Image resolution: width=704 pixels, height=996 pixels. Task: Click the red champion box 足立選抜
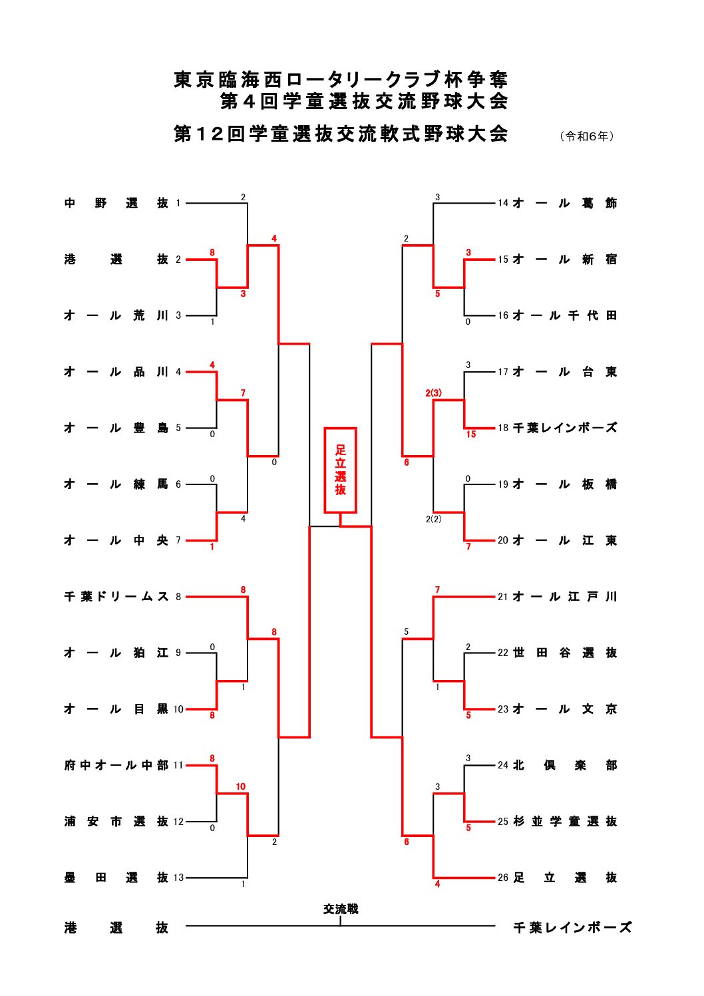tap(340, 470)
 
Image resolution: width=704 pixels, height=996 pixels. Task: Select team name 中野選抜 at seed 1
tap(116, 203)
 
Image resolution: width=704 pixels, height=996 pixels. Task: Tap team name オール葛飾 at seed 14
tap(565, 203)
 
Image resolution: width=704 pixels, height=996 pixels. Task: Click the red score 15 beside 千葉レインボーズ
tap(471, 434)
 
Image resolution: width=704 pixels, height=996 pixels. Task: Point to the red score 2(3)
tap(434, 393)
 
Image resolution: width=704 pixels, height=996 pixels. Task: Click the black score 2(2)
tap(434, 519)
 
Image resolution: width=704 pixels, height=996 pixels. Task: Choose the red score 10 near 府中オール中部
tap(240, 786)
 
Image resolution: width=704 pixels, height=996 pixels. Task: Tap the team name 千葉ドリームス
tap(116, 597)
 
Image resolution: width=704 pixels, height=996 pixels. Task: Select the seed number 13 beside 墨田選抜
tap(178, 878)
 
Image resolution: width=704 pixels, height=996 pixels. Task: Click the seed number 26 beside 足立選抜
tap(503, 878)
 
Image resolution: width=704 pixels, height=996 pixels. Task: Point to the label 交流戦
tap(340, 909)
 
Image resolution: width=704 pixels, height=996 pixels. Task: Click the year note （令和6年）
tap(588, 136)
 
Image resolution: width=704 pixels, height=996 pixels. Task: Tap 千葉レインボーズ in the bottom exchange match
tap(572, 927)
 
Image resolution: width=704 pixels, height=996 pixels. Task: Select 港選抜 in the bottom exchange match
tap(116, 927)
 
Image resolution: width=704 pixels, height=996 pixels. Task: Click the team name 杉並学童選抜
tap(565, 822)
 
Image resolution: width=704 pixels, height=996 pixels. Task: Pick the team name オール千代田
tap(565, 315)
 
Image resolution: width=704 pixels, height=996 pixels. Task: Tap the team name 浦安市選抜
tap(116, 822)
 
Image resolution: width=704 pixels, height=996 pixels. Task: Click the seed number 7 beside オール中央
tap(178, 540)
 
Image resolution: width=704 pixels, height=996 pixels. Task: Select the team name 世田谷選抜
tap(565, 653)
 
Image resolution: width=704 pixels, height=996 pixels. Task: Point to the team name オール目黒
tap(116, 709)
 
